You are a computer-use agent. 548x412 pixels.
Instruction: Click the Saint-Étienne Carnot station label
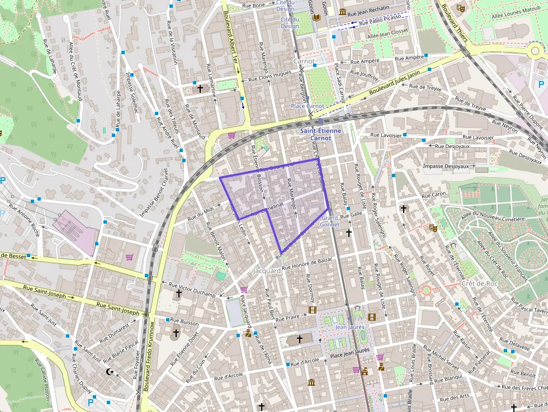pos(320,134)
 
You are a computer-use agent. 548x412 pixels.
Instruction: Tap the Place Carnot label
pos(307,106)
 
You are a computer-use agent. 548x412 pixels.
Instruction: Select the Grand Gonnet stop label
pos(329,221)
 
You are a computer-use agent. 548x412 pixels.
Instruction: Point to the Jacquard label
pos(267,271)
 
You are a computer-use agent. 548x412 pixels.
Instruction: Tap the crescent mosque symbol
pos(110,372)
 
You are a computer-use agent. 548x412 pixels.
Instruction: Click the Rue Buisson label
pos(184,323)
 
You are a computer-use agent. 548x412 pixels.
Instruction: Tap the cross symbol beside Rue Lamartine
pos(200,88)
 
